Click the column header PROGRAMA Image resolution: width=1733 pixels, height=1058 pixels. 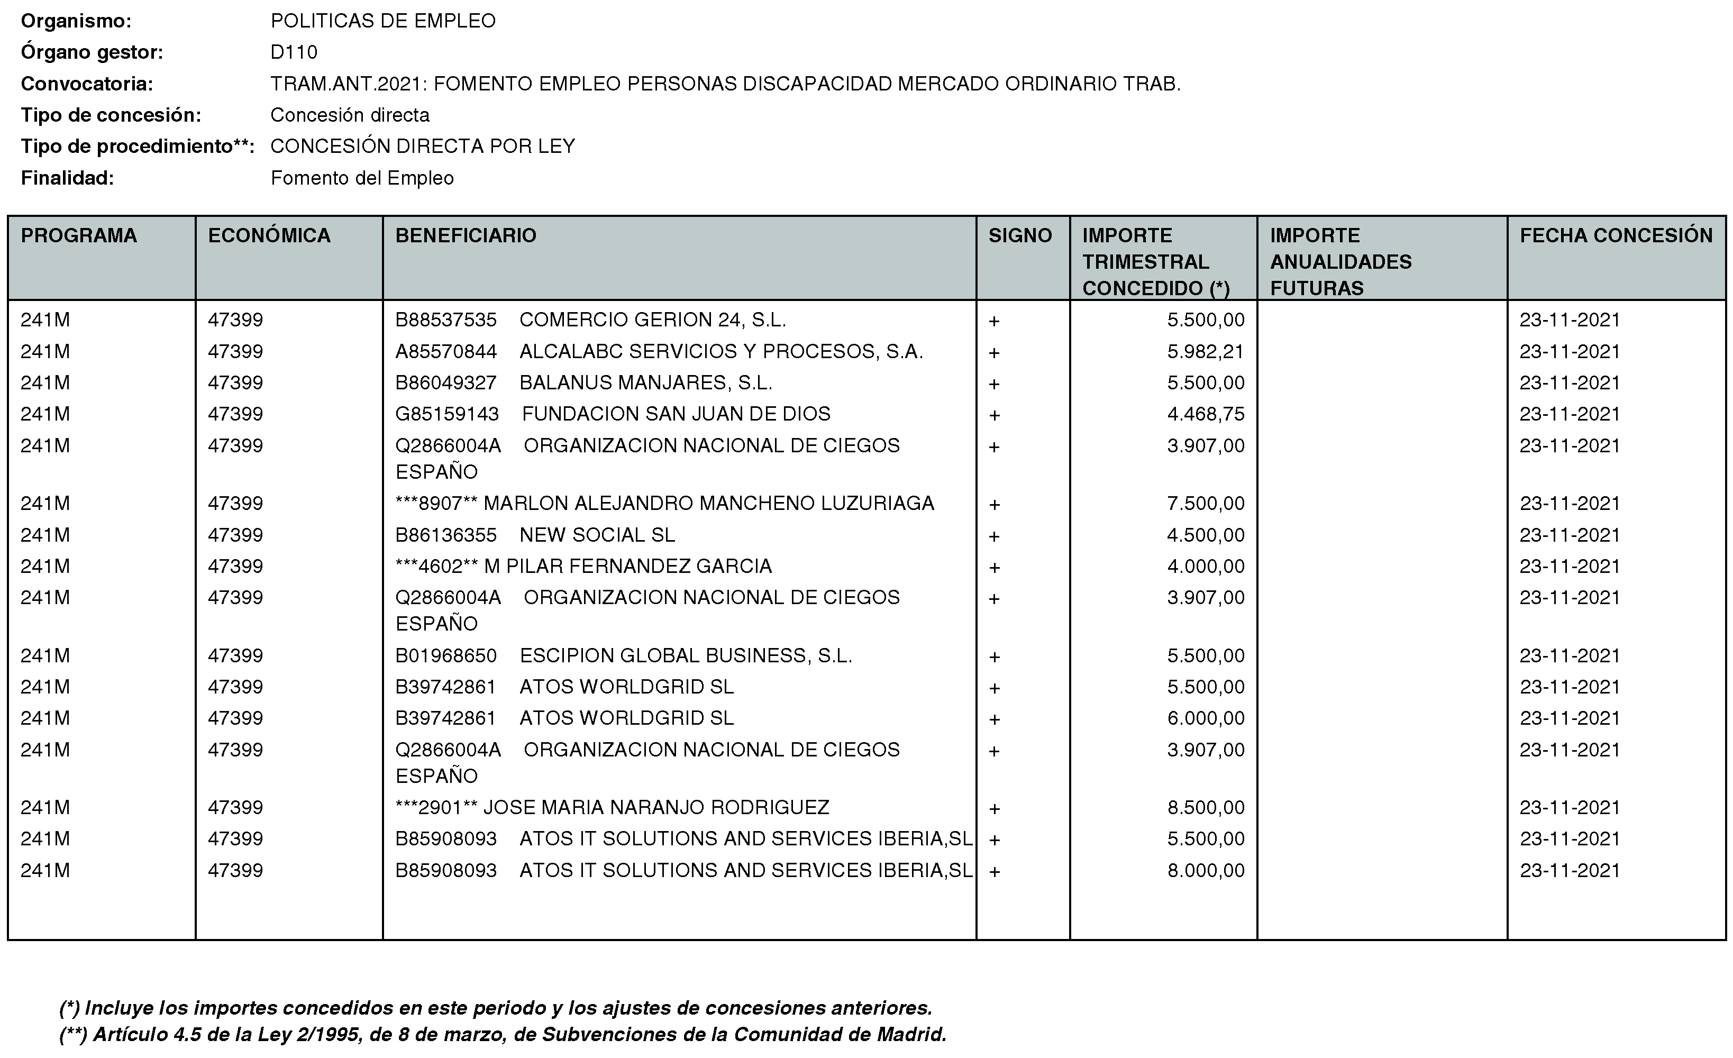pyautogui.click(x=79, y=235)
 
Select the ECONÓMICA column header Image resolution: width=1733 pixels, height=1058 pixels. pyautogui.click(x=269, y=235)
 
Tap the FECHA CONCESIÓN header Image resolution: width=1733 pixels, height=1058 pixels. pyautogui.click(x=1616, y=235)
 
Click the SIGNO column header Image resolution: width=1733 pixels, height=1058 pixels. pyautogui.click(x=1020, y=235)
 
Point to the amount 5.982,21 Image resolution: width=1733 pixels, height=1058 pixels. pyautogui.click(x=1206, y=352)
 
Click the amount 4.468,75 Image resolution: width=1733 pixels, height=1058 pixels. pyautogui.click(x=1206, y=414)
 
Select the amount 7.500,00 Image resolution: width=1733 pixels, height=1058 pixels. pyautogui.click(x=1206, y=504)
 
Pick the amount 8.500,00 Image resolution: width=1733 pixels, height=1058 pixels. pyautogui.click(x=1206, y=808)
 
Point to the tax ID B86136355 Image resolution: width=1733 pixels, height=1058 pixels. pyautogui.click(x=446, y=535)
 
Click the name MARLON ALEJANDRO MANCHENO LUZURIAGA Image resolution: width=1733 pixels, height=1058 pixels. pyautogui.click(x=708, y=504)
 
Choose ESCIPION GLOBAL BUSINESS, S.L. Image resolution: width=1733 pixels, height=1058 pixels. pyautogui.click(x=685, y=655)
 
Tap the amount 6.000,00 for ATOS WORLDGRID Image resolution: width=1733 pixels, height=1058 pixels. pyautogui.click(x=1206, y=718)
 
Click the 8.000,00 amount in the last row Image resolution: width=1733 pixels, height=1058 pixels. pyautogui.click(x=1206, y=871)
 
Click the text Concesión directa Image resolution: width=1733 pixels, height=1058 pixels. pyautogui.click(x=350, y=115)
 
